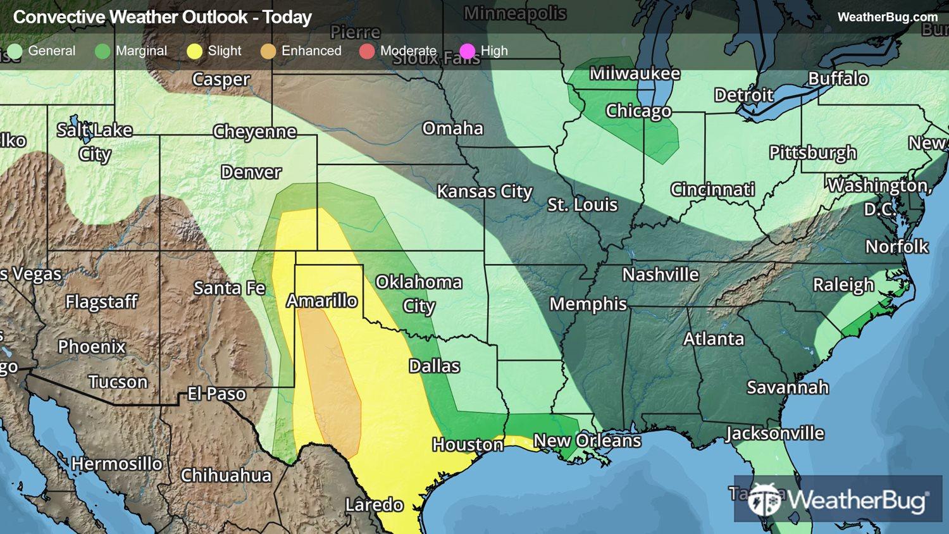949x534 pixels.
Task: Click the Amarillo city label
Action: [322, 301]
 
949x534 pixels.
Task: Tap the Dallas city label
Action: [434, 366]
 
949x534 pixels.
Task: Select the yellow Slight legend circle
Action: [195, 51]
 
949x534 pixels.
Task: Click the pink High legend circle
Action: [468, 51]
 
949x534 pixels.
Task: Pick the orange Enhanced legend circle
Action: [268, 51]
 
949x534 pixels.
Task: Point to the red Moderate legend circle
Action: [367, 51]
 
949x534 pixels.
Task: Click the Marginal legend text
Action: [141, 51]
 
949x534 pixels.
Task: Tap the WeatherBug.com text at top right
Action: [887, 17]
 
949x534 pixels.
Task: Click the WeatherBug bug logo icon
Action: [764, 500]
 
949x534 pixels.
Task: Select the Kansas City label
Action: [485, 191]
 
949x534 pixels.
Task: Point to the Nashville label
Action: [661, 275]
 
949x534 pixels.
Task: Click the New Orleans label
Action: [587, 440]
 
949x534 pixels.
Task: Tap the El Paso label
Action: [216, 394]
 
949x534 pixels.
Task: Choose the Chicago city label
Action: [638, 111]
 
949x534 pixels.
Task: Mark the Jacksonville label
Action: [774, 433]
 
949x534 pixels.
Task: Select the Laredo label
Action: [374, 504]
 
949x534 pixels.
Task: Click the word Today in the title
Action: [287, 17]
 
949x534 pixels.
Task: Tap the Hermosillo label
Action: [116, 464]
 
